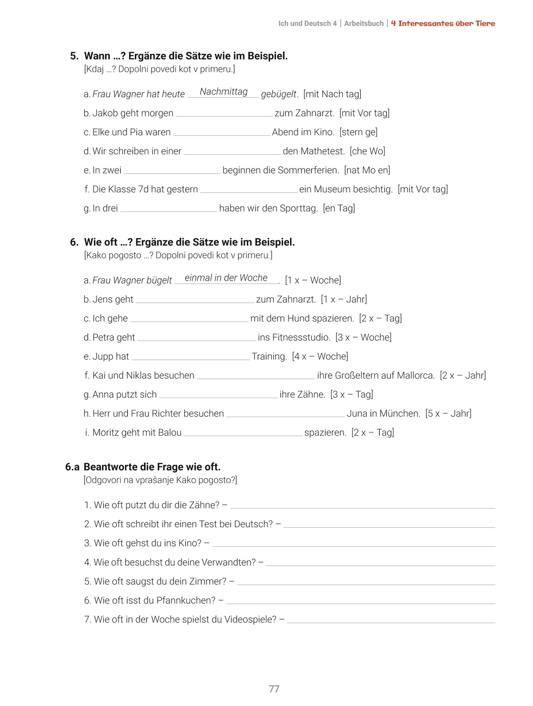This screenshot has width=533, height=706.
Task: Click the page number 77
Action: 274,689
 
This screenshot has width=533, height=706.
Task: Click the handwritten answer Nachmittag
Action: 223,92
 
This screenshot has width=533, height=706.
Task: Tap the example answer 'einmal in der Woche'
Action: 226,278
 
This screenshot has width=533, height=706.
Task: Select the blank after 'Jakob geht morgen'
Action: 224,114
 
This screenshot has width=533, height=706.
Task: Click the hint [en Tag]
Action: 338,208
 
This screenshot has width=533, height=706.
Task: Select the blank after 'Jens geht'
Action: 195,300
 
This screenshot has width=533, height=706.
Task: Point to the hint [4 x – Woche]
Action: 320,357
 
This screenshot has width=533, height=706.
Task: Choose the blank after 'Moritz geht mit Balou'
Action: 243,433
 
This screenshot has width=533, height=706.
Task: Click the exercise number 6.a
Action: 72,467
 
